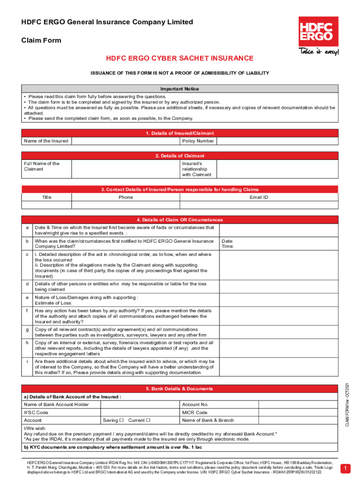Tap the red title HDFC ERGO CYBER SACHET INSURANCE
[180, 58]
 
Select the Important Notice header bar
[180, 89]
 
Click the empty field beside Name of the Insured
[125, 141]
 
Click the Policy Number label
[198, 141]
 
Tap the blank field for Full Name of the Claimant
[125, 169]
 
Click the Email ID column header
[259, 197]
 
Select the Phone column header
[125, 197]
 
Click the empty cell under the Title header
[47, 205]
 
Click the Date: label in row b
[227, 241]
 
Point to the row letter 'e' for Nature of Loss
[27, 298]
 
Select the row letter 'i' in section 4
[27, 362]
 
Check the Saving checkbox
[121, 420]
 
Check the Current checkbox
[148, 420]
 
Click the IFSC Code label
[36, 413]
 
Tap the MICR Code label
[194, 413]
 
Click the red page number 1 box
[345, 468]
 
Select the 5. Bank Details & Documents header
[180, 389]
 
